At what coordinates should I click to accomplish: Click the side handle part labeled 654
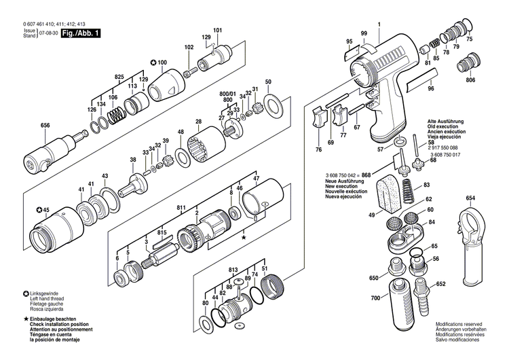coord(470,251)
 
